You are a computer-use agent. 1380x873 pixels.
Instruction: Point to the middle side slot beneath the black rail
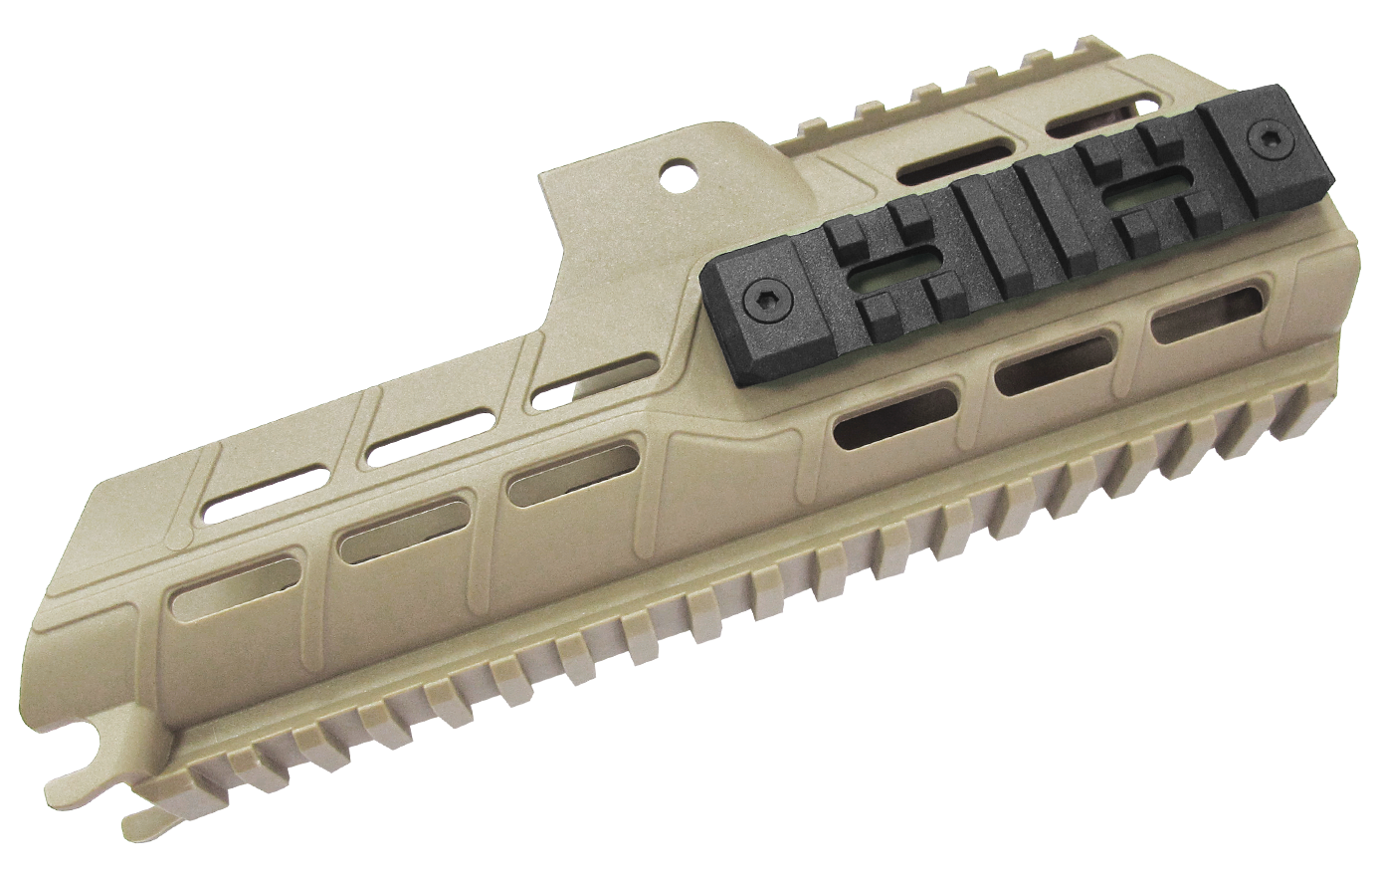point(1051,367)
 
